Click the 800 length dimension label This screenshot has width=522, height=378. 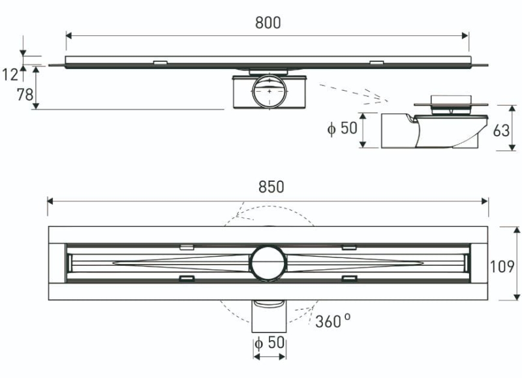click(x=268, y=23)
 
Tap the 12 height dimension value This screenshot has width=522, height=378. click(x=10, y=75)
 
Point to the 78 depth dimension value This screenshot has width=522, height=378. click(x=24, y=95)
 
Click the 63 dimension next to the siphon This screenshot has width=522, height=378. click(x=501, y=130)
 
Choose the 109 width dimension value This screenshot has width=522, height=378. click(x=506, y=266)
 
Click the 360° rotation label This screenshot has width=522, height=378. click(x=333, y=321)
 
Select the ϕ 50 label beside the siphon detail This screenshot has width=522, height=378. click(x=342, y=128)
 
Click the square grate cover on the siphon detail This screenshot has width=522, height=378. click(x=448, y=98)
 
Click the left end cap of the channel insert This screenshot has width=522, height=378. click(x=69, y=263)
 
